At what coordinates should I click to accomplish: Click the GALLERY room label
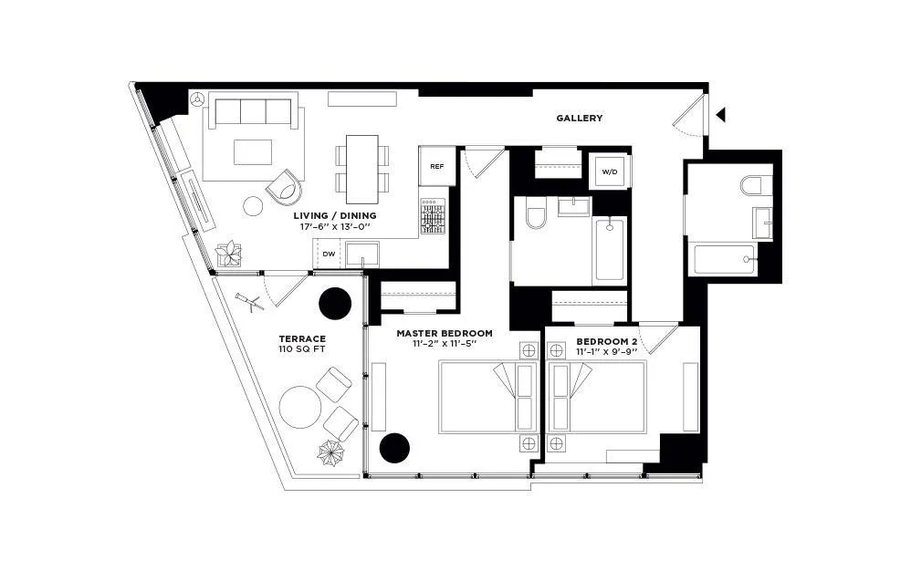(x=580, y=119)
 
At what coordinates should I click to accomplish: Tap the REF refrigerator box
(x=437, y=167)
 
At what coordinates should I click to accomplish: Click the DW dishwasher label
(x=329, y=254)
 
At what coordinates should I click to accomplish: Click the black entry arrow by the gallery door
(x=721, y=115)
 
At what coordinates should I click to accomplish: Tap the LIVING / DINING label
(x=334, y=215)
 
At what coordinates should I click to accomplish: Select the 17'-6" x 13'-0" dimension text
(x=334, y=227)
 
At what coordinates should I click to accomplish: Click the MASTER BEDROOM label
(x=445, y=334)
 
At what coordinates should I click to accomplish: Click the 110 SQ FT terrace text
(x=302, y=349)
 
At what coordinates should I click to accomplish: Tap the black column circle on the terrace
(x=335, y=302)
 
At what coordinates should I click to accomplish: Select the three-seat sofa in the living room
(x=255, y=112)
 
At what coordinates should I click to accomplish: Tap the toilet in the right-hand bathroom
(x=751, y=187)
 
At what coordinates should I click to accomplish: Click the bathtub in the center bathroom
(x=610, y=249)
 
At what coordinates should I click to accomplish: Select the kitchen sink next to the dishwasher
(x=362, y=254)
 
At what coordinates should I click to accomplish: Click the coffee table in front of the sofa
(x=253, y=151)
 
